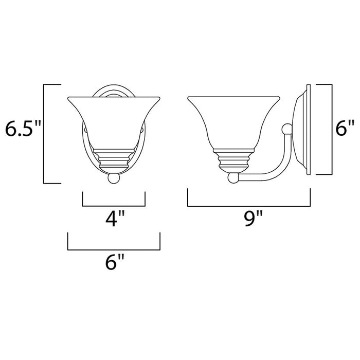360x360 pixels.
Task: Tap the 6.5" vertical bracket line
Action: click(44, 134)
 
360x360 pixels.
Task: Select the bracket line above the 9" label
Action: click(249, 204)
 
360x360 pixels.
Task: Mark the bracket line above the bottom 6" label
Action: click(114, 249)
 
